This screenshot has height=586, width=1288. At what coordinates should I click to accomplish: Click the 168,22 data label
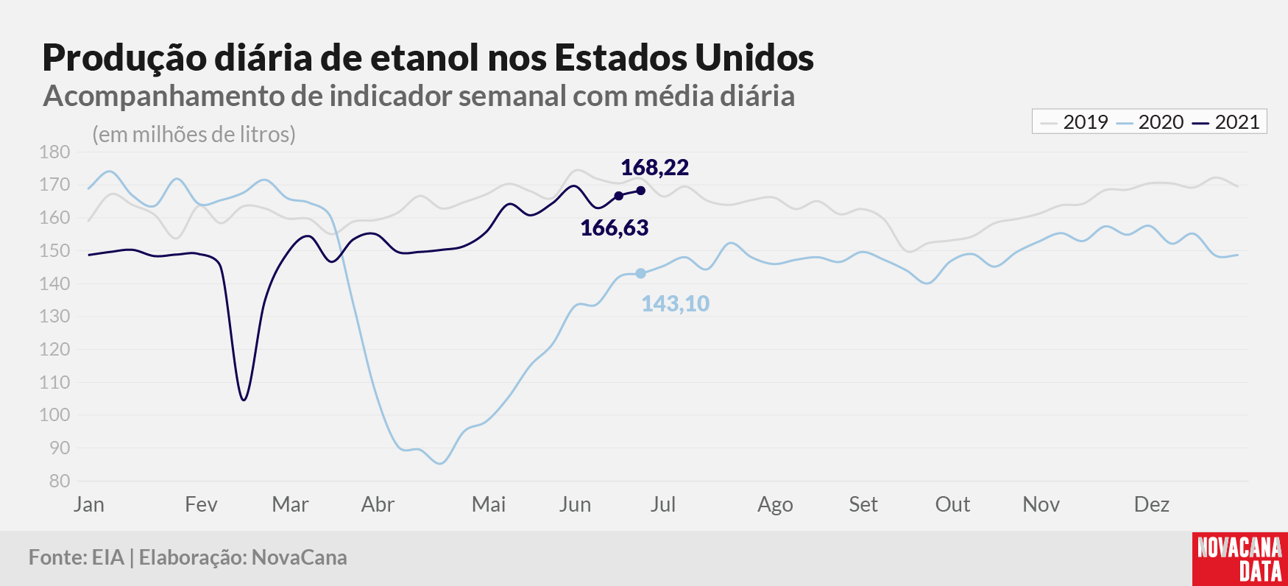click(x=654, y=168)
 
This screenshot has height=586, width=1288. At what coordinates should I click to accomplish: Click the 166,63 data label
click(x=615, y=228)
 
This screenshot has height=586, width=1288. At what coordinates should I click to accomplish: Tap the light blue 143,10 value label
click(x=675, y=304)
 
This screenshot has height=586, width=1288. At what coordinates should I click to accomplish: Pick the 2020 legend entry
click(x=1150, y=122)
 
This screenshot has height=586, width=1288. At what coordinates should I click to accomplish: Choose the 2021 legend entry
click(x=1226, y=122)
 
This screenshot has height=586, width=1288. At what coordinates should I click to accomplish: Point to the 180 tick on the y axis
click(x=54, y=152)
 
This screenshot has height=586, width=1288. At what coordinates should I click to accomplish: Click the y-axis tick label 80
click(x=60, y=481)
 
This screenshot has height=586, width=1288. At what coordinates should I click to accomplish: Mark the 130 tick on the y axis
click(x=54, y=317)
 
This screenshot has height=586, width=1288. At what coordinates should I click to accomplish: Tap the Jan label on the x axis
click(x=89, y=505)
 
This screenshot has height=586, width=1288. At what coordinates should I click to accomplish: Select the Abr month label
click(x=378, y=505)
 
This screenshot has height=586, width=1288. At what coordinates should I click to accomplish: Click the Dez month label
click(x=1152, y=505)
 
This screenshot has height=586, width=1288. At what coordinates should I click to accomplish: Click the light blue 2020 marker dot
click(x=640, y=274)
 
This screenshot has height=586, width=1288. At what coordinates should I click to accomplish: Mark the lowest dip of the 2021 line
click(x=244, y=400)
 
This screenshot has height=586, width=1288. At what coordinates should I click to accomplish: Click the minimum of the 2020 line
click(x=440, y=463)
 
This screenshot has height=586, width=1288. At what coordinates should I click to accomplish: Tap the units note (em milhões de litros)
click(x=194, y=135)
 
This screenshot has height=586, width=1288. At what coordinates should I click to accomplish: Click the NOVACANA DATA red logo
click(x=1240, y=559)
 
